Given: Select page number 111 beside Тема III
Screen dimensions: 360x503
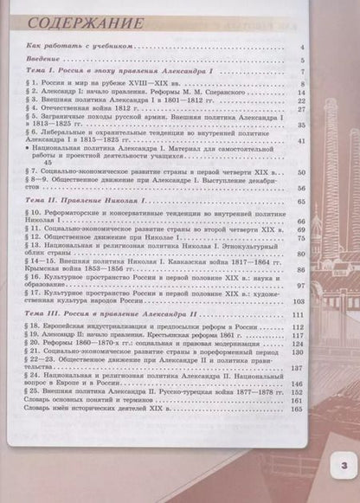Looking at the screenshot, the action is pyautogui.click(x=299, y=313).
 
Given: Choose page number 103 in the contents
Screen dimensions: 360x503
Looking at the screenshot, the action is pyautogui.click(x=299, y=300).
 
